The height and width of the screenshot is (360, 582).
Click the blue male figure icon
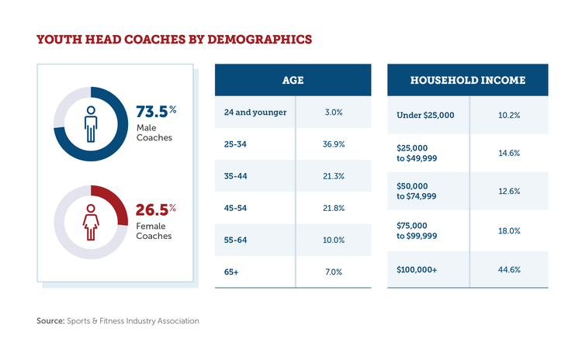[91, 123]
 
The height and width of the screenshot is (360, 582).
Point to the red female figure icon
[91, 222]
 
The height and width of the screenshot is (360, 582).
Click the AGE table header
[293, 80]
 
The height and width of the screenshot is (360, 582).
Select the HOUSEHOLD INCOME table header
[467, 80]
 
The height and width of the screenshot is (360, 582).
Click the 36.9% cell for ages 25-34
[334, 144]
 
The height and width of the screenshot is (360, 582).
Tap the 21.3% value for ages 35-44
[334, 176]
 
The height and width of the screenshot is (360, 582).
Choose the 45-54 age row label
[236, 208]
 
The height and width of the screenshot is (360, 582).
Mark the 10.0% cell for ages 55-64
[334, 240]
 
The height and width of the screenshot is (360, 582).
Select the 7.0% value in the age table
[334, 272]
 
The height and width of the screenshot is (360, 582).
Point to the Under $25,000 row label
[425, 115]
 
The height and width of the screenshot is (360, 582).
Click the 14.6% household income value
[508, 153]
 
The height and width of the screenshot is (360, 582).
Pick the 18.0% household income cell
[508, 230]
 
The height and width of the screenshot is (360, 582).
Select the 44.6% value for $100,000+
[508, 269]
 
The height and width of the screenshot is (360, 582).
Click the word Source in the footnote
[50, 320]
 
